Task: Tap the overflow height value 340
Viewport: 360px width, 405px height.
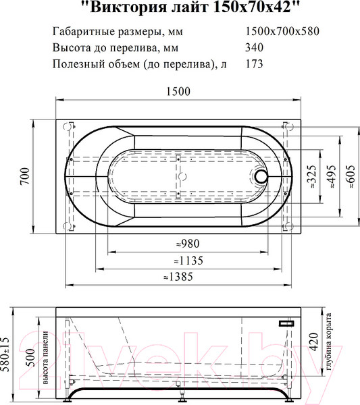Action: (x=254, y=47)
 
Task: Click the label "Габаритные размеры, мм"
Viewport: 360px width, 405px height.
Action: (x=117, y=31)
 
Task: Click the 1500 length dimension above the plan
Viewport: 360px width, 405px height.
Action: (x=178, y=92)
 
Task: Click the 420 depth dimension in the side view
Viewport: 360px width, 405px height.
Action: (x=311, y=344)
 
